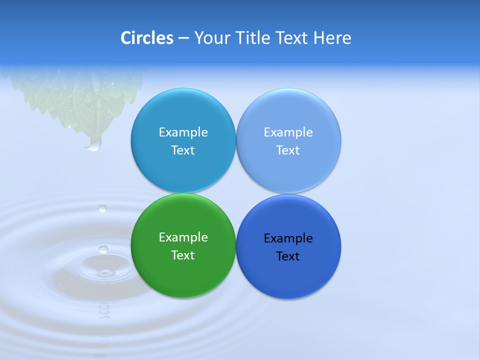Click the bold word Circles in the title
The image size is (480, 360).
(x=147, y=38)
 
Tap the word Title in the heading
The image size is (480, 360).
(x=255, y=38)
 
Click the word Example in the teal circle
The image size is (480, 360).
(x=183, y=132)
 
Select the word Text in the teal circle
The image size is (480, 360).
(x=183, y=150)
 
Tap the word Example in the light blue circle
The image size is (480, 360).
(x=288, y=132)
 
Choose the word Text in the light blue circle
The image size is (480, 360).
(x=288, y=150)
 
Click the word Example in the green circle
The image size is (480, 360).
(x=183, y=237)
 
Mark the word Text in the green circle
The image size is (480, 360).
(x=183, y=255)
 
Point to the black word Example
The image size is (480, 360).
(x=288, y=238)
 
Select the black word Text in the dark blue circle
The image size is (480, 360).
(x=288, y=256)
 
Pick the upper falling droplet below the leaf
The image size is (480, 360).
(x=102, y=208)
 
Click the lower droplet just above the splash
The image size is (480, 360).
(x=103, y=248)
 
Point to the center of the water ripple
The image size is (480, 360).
(x=104, y=272)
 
